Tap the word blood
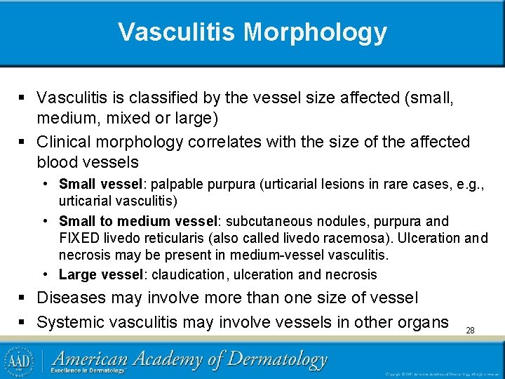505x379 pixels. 60,161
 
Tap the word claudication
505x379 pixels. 186,274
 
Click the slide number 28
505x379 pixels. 470,329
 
